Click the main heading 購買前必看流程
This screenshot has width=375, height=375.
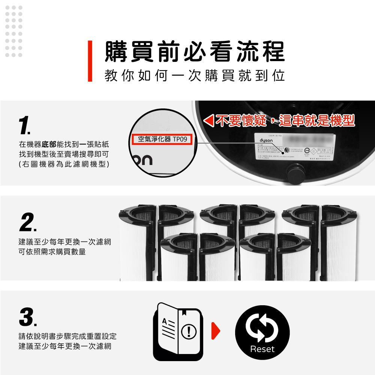tap(194, 51)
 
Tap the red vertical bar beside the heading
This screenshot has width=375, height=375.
tap(90, 61)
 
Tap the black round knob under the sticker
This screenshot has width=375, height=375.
tap(295, 175)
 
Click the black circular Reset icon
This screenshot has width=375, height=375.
tap(262, 332)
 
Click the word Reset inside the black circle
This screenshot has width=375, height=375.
tap(262, 349)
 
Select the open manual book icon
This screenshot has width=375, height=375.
tap(178, 332)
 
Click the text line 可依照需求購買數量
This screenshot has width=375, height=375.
tap(52, 252)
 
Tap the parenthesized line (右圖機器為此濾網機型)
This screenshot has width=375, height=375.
tap(64, 164)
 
